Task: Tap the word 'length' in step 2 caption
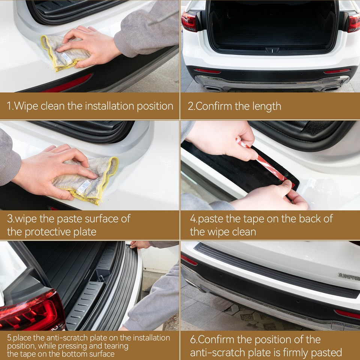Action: point(266,106)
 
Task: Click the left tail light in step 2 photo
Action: point(189,21)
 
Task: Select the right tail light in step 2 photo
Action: point(354,22)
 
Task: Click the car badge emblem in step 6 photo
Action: point(349,276)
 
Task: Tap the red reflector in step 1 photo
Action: point(67,84)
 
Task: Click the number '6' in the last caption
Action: point(193,340)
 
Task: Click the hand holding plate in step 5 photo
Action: point(141,244)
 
